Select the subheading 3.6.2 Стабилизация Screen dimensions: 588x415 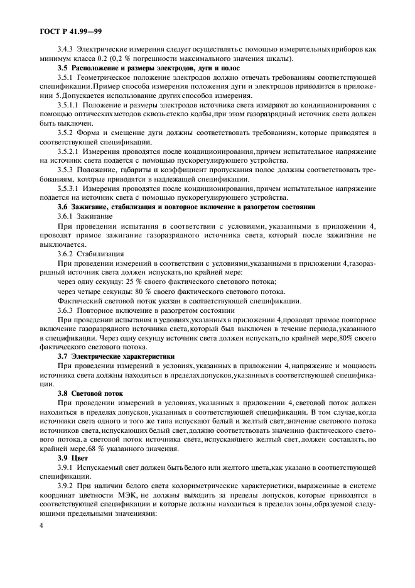(x=91, y=254)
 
